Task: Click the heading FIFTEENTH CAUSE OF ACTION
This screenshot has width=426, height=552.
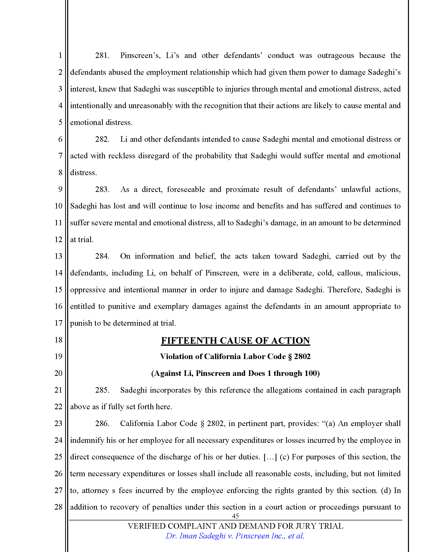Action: pos(235,340)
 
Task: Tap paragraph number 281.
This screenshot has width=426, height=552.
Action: pos(102,56)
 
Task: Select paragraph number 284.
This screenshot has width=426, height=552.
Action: pos(102,256)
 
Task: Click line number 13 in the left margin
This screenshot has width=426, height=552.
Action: pos(58,256)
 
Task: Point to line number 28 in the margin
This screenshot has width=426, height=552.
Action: pos(58,507)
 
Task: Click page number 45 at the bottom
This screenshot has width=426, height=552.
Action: pos(235,516)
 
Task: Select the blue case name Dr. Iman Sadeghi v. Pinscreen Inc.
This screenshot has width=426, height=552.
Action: pos(235,536)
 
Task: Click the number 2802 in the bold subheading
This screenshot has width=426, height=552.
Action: pos(302,357)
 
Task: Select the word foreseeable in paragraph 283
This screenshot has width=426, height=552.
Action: pos(186,189)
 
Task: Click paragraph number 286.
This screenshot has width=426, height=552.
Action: pos(102,424)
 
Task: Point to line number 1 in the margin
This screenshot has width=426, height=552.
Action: pos(60,56)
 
